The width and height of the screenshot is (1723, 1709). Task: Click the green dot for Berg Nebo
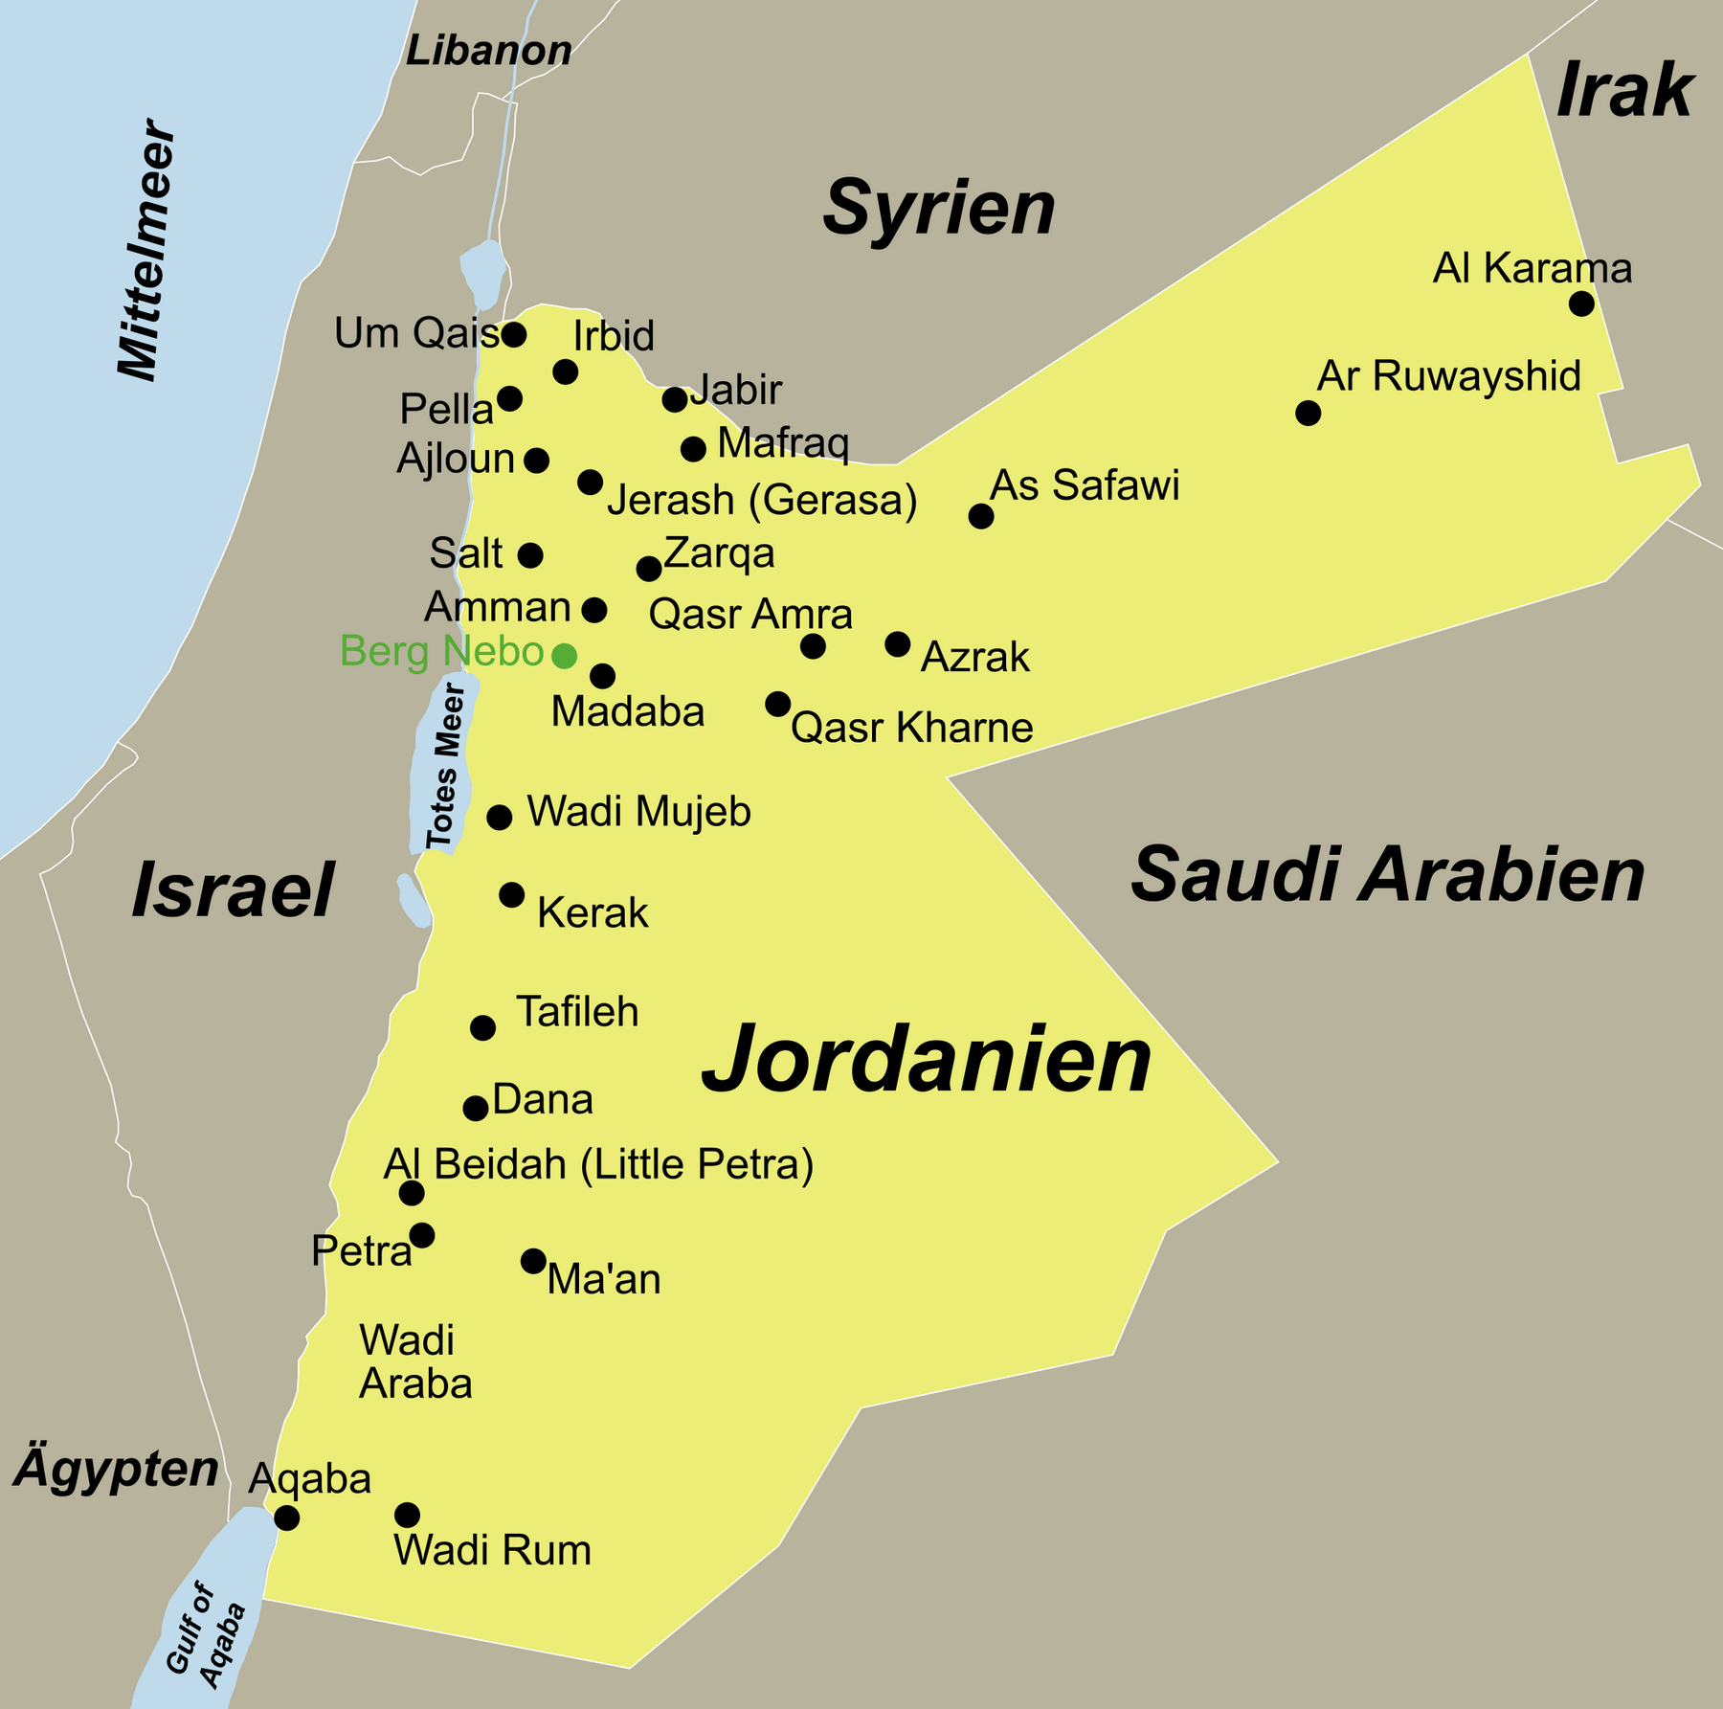pos(565,656)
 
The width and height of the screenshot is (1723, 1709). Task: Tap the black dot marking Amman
pos(594,610)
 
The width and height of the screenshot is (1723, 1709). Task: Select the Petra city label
pos(361,1251)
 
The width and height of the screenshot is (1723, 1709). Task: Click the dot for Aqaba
pos(286,1518)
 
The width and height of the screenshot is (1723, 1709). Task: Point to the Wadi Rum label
pos(492,1550)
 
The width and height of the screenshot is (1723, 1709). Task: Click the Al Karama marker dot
pos(1581,304)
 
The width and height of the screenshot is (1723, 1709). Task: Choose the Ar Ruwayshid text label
pos(1448,376)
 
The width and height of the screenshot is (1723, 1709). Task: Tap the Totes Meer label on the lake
pos(444,766)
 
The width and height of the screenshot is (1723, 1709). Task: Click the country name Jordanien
pos(926,1060)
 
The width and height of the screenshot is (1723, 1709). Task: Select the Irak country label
pos(1623,92)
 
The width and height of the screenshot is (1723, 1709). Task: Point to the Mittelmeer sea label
pos(146,251)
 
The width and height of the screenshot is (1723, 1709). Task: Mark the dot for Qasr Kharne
pos(777,705)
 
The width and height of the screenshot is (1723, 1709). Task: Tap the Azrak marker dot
pos(897,644)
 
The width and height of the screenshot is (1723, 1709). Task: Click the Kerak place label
pos(593,913)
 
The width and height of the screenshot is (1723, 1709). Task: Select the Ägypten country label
pos(116,1470)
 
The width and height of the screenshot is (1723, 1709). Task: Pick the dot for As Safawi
pos(980,516)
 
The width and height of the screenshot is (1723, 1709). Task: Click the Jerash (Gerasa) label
pos(762,500)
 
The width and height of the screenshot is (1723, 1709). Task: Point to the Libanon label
pos(488,51)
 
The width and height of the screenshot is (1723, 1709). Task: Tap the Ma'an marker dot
pos(533,1261)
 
